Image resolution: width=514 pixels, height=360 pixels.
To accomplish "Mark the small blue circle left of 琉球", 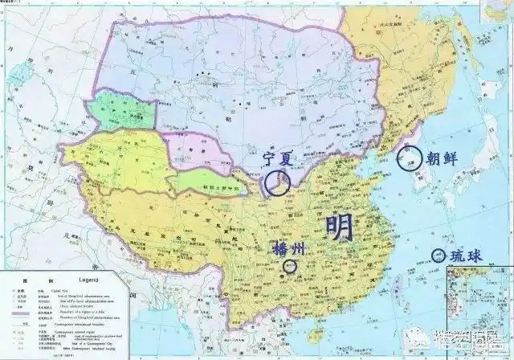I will click(438, 256).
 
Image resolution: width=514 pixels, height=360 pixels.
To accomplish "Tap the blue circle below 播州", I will click(290, 266).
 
